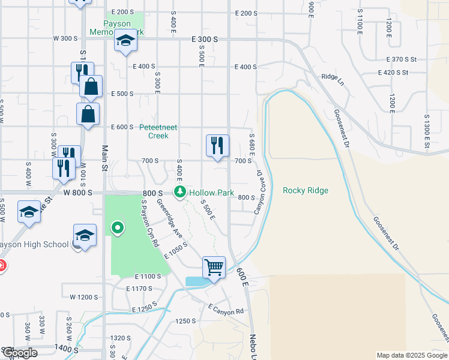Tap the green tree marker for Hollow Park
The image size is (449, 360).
179,192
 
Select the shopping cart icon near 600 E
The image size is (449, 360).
214,267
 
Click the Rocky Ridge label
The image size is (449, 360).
306,191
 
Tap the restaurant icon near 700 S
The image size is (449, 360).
217,145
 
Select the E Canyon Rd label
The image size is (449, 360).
226,309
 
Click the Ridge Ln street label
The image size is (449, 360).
333,77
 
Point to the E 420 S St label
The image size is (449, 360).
393,73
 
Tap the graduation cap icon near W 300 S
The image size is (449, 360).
125,41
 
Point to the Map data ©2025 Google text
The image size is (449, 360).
411,355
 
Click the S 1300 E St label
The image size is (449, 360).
427,131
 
